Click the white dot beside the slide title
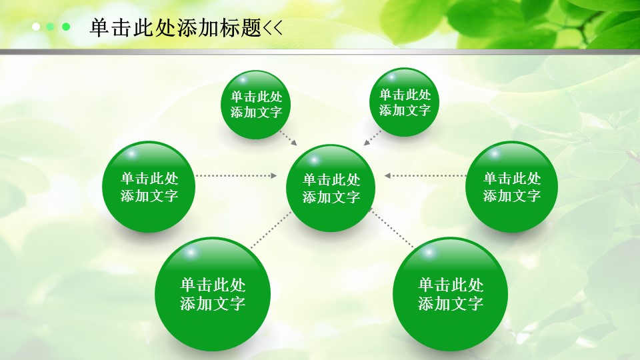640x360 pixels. (x=36, y=27)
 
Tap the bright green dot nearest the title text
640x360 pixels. (x=66, y=27)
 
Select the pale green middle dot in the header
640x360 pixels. (x=50, y=27)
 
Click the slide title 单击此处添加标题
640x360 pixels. (x=175, y=28)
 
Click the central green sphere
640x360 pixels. (x=331, y=188)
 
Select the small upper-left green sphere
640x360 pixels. (x=256, y=105)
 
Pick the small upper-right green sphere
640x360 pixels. (x=405, y=103)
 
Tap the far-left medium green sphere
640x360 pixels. (x=149, y=187)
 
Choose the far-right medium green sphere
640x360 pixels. (x=512, y=187)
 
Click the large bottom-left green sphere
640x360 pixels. (x=213, y=294)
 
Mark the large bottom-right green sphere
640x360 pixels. (x=451, y=294)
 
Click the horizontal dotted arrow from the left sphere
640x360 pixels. (x=236, y=175)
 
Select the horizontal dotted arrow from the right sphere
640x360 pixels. (x=425, y=175)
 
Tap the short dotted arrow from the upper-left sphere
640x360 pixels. (x=288, y=138)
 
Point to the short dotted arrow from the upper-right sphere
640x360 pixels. (x=372, y=138)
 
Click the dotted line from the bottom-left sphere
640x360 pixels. (x=271, y=230)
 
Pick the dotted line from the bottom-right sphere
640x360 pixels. (x=391, y=228)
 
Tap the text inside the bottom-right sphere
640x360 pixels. (x=451, y=294)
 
